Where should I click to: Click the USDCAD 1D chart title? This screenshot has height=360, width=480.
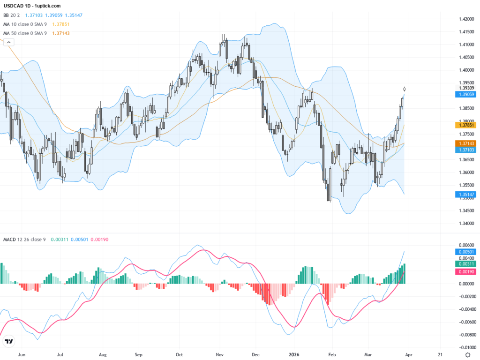[x=32, y=6]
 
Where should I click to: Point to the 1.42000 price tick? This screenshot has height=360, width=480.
[x=465, y=19]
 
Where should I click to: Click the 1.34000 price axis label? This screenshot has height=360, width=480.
[x=465, y=224]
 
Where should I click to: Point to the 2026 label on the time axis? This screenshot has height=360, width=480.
[x=294, y=355]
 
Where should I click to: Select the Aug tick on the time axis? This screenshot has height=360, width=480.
[x=103, y=355]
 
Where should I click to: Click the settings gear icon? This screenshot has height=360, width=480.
[x=467, y=355]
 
